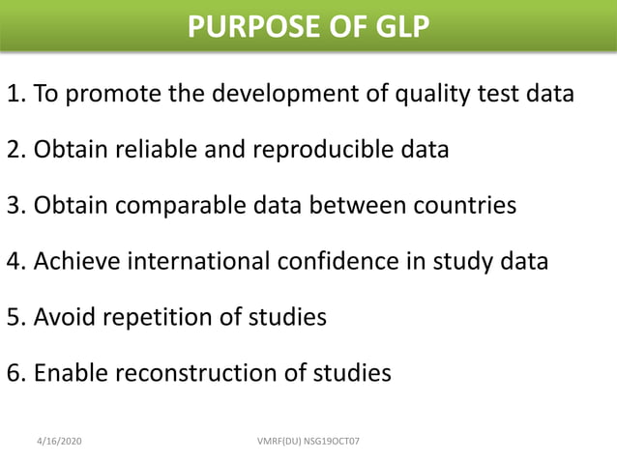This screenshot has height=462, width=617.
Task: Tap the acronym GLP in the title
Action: coord(396,26)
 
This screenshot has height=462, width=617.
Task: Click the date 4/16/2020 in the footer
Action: coord(59,441)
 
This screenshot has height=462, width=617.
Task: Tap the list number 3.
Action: coord(14,206)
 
